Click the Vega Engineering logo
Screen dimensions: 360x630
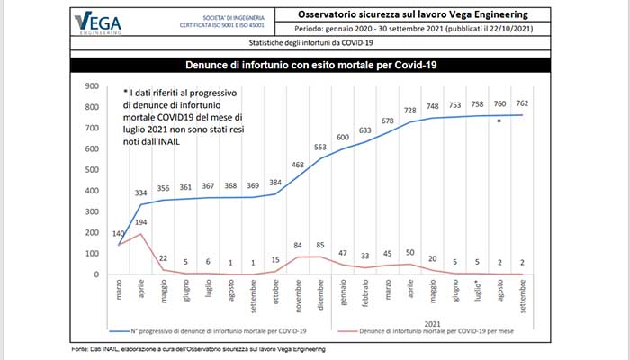tap(100, 23)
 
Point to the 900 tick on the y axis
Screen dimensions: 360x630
tap(90, 86)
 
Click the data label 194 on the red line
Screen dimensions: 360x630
tap(141, 221)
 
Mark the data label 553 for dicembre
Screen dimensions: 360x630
tap(321, 147)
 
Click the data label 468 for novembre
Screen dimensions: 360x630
tap(299, 165)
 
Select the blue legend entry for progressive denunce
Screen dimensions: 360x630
tap(207, 331)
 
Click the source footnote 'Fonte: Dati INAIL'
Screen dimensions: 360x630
tap(197, 349)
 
